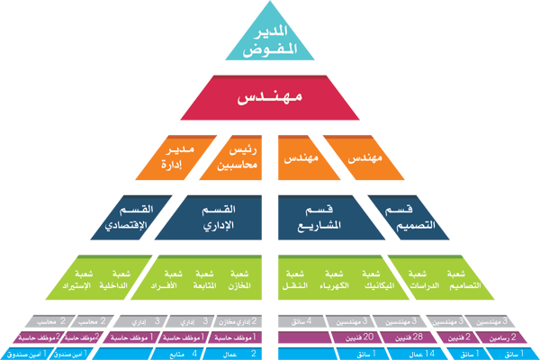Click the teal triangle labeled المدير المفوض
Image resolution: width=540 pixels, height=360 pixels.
(x=269, y=40)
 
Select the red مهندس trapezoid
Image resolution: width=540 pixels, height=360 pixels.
(x=269, y=97)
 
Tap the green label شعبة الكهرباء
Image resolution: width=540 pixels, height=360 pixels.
(x=334, y=280)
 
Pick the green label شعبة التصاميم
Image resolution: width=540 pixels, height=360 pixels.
(x=459, y=280)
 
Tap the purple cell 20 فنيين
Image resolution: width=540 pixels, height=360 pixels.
(x=347, y=337)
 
